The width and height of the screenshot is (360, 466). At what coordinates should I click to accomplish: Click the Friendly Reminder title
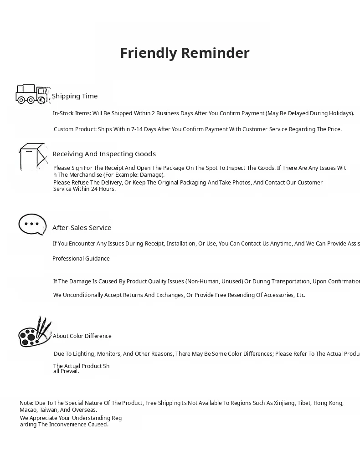coord(185,53)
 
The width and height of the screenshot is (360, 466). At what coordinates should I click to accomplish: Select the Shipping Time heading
coord(75,96)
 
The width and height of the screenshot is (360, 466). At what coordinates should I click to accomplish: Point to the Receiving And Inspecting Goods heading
coord(104,154)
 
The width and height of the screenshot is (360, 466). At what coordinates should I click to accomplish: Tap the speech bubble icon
coord(32,224)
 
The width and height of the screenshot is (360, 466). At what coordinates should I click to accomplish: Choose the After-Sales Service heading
coord(82,228)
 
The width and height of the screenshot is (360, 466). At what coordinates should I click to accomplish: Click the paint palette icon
coord(34,332)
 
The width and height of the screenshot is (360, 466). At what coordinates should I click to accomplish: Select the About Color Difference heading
coord(82,336)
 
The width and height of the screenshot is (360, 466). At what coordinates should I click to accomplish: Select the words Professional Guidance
coord(81,259)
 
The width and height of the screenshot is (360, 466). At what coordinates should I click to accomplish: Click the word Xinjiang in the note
coord(284,403)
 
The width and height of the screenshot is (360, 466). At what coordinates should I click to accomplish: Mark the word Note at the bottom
coord(26,403)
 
